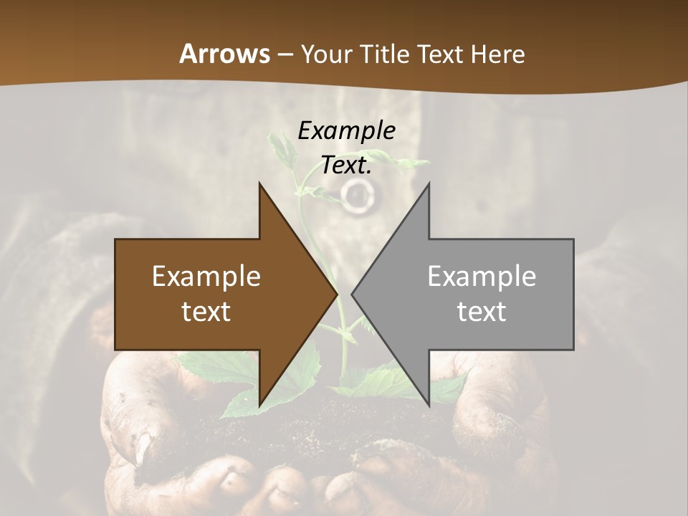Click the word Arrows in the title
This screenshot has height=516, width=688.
(x=224, y=54)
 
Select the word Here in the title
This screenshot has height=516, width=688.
(x=497, y=54)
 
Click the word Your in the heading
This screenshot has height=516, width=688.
(x=325, y=54)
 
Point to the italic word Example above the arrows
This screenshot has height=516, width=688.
(x=346, y=130)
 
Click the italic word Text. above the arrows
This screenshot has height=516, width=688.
(x=346, y=165)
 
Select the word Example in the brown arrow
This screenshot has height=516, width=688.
(x=206, y=276)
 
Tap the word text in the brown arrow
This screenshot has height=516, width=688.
(x=206, y=311)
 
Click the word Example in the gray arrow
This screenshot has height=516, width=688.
(x=482, y=276)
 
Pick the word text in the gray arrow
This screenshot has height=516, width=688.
(x=482, y=311)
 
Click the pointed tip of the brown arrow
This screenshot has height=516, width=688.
(x=336, y=294)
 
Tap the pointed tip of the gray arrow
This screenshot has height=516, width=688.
(x=353, y=294)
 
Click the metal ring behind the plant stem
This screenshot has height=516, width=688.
(x=356, y=193)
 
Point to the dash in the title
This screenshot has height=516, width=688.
(x=285, y=54)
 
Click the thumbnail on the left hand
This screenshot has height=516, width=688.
(x=144, y=447)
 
